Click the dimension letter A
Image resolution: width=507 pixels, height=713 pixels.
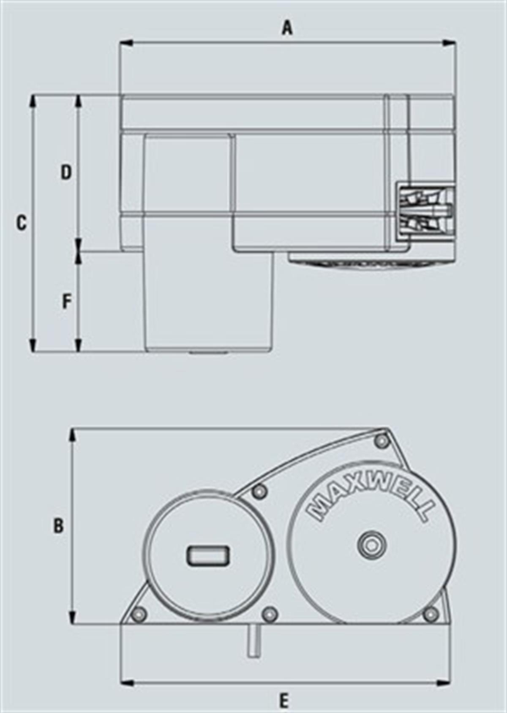point(287,29)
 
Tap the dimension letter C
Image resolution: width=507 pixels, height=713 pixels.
point(21,223)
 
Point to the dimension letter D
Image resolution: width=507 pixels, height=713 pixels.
point(66,172)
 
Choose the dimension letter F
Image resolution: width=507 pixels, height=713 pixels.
point(67,302)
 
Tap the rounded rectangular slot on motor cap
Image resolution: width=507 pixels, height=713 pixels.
point(208,555)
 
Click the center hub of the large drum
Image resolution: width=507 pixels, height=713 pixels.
point(371,545)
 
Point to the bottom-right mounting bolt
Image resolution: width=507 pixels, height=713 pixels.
point(431,614)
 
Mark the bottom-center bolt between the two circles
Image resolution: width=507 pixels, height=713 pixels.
point(270,614)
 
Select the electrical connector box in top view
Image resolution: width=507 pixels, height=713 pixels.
point(425,210)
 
